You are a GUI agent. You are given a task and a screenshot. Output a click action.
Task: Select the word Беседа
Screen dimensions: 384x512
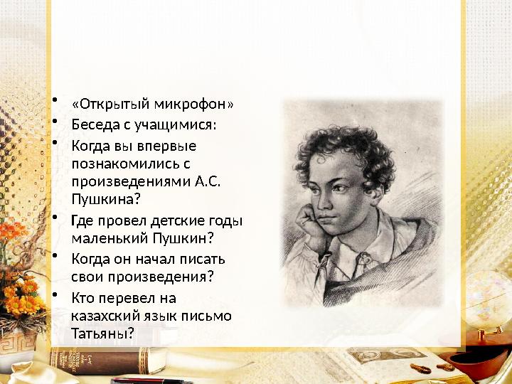93,125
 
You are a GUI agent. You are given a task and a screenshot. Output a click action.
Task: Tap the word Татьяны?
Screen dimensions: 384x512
102,332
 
